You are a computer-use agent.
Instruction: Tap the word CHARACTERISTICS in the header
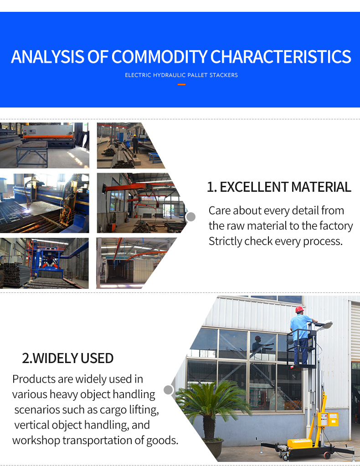tap(281, 57)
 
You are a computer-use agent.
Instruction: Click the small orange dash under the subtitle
tap(181, 84)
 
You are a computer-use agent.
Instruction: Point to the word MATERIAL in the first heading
tap(321, 187)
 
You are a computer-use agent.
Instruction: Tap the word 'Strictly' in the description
tap(225, 241)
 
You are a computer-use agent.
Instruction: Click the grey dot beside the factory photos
tap(191, 217)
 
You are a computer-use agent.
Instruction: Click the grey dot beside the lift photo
tap(168, 390)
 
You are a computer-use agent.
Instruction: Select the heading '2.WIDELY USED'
tap(68, 358)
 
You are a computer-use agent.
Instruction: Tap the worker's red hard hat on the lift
tap(299, 309)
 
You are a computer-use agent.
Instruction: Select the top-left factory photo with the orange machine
tap(45, 145)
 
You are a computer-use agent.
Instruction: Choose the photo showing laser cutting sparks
tap(45, 203)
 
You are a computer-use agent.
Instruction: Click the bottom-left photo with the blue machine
tap(45, 263)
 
